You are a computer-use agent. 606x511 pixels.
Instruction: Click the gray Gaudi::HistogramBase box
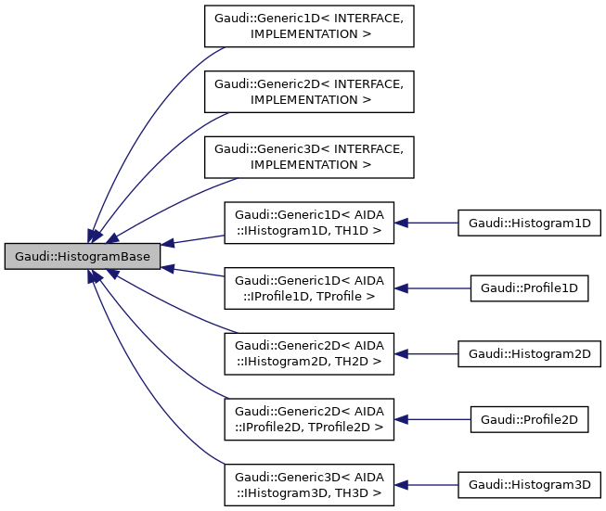(83, 255)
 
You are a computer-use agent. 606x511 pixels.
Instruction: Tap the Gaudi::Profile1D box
(529, 288)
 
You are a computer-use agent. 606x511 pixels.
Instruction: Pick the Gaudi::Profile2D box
(529, 419)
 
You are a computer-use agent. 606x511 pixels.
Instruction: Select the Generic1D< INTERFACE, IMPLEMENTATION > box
(308, 26)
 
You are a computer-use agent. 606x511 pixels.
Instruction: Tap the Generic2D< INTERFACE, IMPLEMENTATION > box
(308, 91)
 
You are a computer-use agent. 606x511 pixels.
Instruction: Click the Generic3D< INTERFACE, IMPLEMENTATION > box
(308, 157)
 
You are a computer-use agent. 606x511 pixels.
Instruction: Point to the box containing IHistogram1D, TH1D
(308, 223)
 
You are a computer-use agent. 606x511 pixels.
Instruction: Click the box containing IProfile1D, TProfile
(308, 288)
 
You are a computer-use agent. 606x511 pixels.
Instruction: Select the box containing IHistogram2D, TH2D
(308, 353)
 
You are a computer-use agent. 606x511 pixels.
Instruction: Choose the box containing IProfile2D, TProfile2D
(308, 419)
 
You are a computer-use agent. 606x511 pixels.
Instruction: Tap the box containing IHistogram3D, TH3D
(308, 484)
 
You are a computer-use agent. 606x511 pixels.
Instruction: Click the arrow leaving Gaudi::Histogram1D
(432, 223)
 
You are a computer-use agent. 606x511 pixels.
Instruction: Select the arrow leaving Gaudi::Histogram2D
(432, 353)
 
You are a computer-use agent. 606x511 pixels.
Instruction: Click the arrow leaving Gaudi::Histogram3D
(432, 484)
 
